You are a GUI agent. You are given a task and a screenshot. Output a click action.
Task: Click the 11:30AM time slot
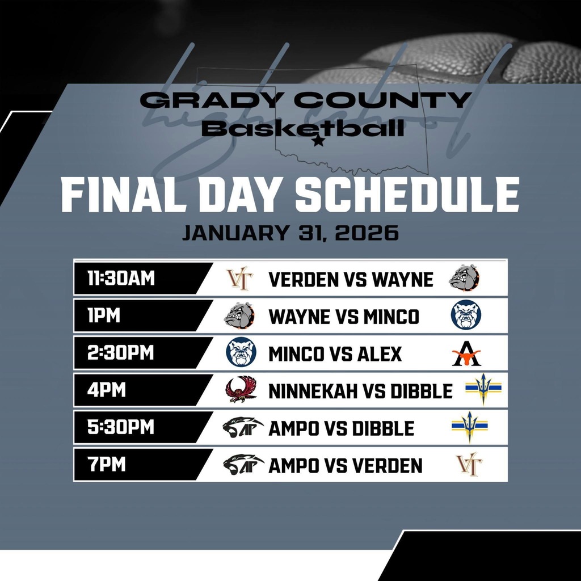[x=121, y=279]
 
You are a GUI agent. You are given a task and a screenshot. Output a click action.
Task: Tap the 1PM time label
[x=104, y=316]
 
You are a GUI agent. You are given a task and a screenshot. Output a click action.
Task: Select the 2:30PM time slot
[x=120, y=353]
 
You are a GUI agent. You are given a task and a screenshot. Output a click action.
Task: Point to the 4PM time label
[x=106, y=390]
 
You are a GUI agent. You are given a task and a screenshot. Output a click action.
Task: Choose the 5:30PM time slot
[x=120, y=427]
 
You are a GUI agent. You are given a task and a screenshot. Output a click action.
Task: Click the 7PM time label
[x=106, y=465]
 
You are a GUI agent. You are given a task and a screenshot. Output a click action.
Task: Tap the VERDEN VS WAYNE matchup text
[x=351, y=279]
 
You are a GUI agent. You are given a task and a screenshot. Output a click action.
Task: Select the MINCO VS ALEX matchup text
[x=335, y=354]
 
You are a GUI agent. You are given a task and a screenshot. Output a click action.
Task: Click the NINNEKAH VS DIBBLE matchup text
[x=360, y=391]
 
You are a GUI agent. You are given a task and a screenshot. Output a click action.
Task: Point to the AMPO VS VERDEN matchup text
[x=345, y=465]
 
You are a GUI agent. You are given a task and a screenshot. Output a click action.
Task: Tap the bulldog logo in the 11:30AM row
[x=464, y=279]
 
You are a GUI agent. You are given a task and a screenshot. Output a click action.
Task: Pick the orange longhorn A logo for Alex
[x=466, y=354]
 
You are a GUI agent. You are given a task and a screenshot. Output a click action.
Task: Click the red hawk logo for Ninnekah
[x=241, y=390]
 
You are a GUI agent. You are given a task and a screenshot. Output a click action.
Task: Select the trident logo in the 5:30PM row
[x=469, y=427]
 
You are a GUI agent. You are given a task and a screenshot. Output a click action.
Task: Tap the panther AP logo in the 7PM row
[x=243, y=465]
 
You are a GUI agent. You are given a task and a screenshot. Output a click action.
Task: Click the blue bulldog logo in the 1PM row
[x=466, y=315]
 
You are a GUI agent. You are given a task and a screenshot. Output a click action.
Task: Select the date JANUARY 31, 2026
[x=290, y=233]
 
